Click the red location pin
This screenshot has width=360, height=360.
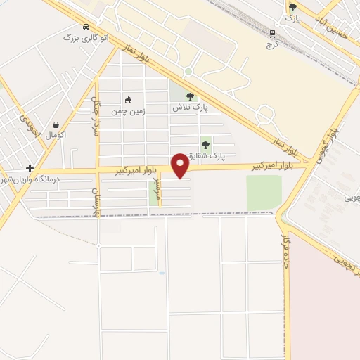pyautogui.click(x=180, y=165)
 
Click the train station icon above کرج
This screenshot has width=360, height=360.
pyautogui.click(x=273, y=33)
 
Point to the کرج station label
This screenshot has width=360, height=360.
pyautogui.click(x=273, y=44)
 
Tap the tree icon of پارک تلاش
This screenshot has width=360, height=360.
pyautogui.click(x=189, y=97)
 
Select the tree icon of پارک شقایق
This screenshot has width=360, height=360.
pyautogui.click(x=205, y=145)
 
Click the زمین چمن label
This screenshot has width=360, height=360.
pyautogui.click(x=127, y=110)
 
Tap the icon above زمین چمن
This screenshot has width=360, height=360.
pyautogui.click(x=127, y=99)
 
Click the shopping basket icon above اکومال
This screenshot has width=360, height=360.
pyautogui.click(x=55, y=124)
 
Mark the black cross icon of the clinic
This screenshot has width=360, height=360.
pyautogui.click(x=29, y=168)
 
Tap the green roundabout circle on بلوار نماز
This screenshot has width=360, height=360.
pyautogui.click(x=188, y=72)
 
